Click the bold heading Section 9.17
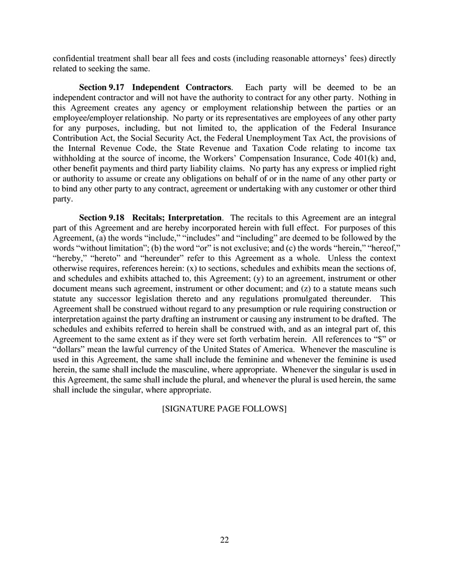click(102, 88)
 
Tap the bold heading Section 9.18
click(102, 217)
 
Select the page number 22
click(224, 541)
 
